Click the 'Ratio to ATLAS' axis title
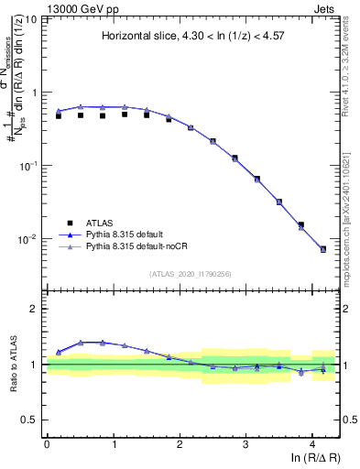click(12, 364)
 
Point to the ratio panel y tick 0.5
click(31, 420)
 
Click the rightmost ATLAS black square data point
click(323, 249)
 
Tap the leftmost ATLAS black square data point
click(59, 116)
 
